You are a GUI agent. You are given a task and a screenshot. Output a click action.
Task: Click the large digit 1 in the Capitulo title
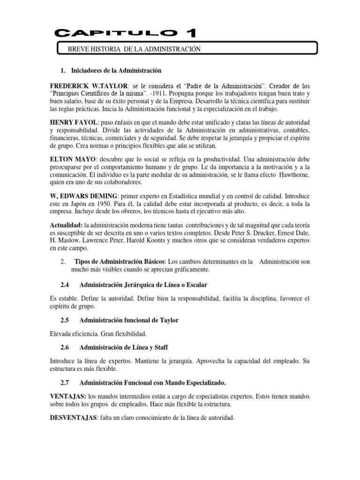pos(191,33)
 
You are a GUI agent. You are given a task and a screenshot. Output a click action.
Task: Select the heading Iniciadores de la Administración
pos(115,70)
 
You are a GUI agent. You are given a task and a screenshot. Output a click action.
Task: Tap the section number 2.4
pos(67,285)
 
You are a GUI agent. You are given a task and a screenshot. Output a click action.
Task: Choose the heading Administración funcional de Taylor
pos(129,321)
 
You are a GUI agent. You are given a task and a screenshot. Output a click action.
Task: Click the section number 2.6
pos(67,347)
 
